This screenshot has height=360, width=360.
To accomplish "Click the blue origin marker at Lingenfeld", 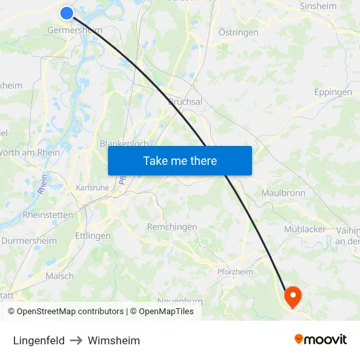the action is (x=67, y=12).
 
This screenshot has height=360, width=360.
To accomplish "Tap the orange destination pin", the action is (x=292, y=297).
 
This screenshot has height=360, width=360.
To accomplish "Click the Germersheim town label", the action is (x=75, y=30).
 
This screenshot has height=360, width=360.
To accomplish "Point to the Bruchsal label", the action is (x=185, y=101).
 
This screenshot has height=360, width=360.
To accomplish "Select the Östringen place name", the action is (x=238, y=32).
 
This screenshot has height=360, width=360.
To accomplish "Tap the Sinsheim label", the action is (x=317, y=7).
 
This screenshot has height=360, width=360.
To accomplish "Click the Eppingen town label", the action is (x=333, y=92).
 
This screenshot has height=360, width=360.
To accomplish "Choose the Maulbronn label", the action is (x=283, y=193).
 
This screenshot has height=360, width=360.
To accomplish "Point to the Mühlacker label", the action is (x=305, y=229).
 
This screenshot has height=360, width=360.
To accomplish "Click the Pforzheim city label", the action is (x=234, y=272).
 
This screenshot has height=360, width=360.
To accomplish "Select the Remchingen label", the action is (x=172, y=226).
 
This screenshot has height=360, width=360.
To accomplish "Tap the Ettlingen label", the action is (x=92, y=236).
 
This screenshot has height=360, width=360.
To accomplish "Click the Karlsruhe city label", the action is (x=92, y=187).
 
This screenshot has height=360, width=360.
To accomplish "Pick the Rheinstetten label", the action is (x=48, y=215).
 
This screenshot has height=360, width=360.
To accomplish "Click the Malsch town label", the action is (x=60, y=276).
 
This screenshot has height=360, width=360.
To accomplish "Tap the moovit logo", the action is (x=320, y=340).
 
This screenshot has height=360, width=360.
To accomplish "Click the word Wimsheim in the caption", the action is (x=114, y=340).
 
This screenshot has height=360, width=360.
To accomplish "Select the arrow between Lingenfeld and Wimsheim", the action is (x=76, y=340).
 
